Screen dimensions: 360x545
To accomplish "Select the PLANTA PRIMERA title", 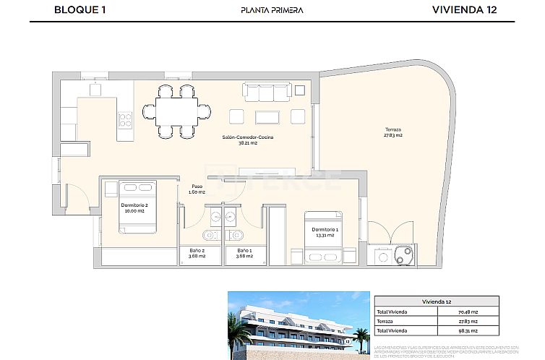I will tap(272, 10).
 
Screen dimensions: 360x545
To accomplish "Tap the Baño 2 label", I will tap(193, 253).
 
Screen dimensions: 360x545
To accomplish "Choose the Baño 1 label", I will tap(239, 253).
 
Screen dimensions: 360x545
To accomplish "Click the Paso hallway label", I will tap(197, 189).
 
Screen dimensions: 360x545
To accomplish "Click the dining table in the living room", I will tap(178, 111).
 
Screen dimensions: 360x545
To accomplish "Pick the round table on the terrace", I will tap(403, 254).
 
